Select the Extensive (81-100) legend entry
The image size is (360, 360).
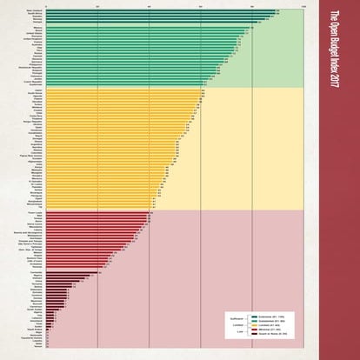262,316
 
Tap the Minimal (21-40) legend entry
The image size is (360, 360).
261,330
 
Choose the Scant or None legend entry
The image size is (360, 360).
262,334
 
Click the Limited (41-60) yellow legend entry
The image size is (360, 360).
262,324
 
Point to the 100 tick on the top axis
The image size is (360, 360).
303,8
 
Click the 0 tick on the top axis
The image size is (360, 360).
47,8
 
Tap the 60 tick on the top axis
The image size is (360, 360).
201,8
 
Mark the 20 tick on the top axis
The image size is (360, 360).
98,8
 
